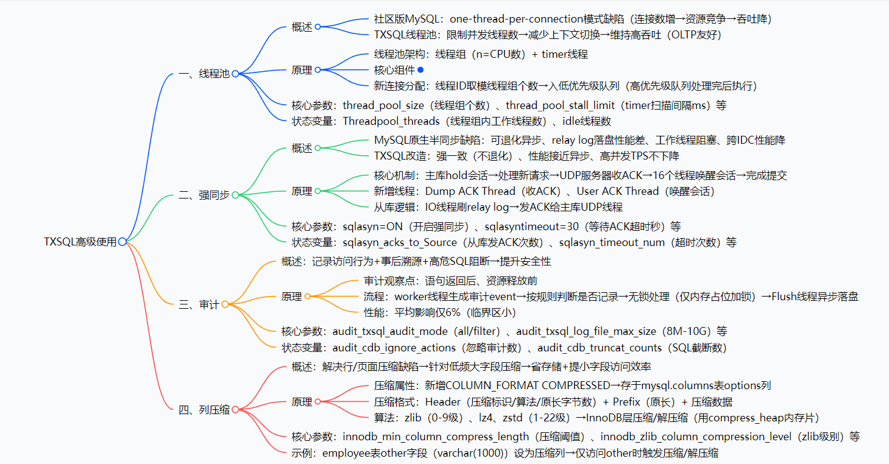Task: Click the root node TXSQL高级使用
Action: click(80, 242)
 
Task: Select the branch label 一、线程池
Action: click(204, 74)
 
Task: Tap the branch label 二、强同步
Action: click(204, 195)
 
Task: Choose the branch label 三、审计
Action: click(199, 304)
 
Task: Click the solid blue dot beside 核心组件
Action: click(420, 70)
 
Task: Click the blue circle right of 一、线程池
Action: click(235, 74)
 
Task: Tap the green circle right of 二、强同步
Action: click(235, 195)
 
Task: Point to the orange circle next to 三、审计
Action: click(225, 304)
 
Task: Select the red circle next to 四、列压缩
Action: click(235, 410)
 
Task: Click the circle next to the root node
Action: click(122, 242)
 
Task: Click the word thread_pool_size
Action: click(383, 105)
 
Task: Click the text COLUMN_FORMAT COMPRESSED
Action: click(528, 385)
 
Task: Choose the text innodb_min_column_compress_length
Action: click(436, 437)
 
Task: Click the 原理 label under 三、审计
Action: click(291, 297)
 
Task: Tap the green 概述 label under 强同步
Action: click(302, 148)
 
